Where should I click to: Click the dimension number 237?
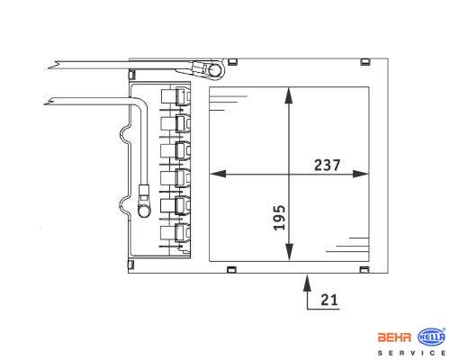(327, 165)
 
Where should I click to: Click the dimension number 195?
(279, 218)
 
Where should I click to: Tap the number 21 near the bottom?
(329, 300)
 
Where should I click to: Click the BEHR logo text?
(394, 337)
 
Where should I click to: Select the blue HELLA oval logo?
(431, 337)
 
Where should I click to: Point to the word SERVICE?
(411, 353)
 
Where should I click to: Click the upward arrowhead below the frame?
(307, 283)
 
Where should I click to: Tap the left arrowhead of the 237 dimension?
(218, 174)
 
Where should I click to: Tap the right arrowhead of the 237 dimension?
(360, 174)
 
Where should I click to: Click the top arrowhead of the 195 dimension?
(289, 95)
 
